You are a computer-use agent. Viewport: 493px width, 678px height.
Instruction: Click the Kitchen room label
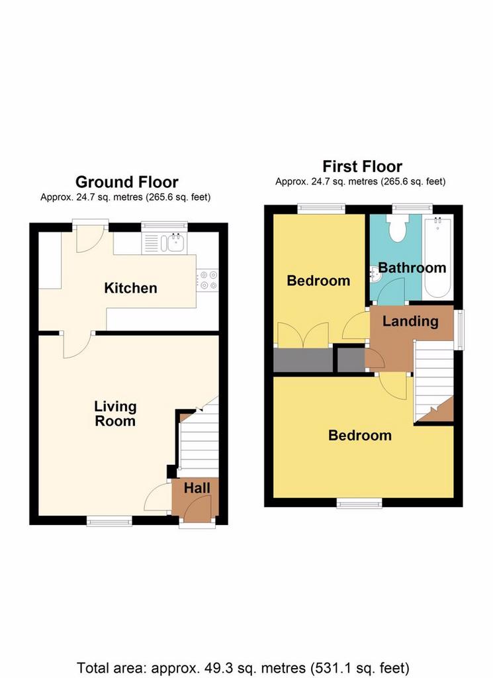point(130,288)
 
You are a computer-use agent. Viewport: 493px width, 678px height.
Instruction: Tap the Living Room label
point(115,413)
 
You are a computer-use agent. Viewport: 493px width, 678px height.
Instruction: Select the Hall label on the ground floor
point(197,488)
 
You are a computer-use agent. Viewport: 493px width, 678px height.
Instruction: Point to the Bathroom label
point(412,267)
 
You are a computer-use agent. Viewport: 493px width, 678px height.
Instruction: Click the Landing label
point(410,321)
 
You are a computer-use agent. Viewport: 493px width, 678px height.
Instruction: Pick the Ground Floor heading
point(127,182)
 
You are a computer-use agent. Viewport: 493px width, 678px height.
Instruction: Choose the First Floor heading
point(363,166)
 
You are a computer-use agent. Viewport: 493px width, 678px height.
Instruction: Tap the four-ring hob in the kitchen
point(207,280)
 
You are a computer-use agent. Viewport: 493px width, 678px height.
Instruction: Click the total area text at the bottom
point(243,668)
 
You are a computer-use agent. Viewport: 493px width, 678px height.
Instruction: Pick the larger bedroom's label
point(360,435)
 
